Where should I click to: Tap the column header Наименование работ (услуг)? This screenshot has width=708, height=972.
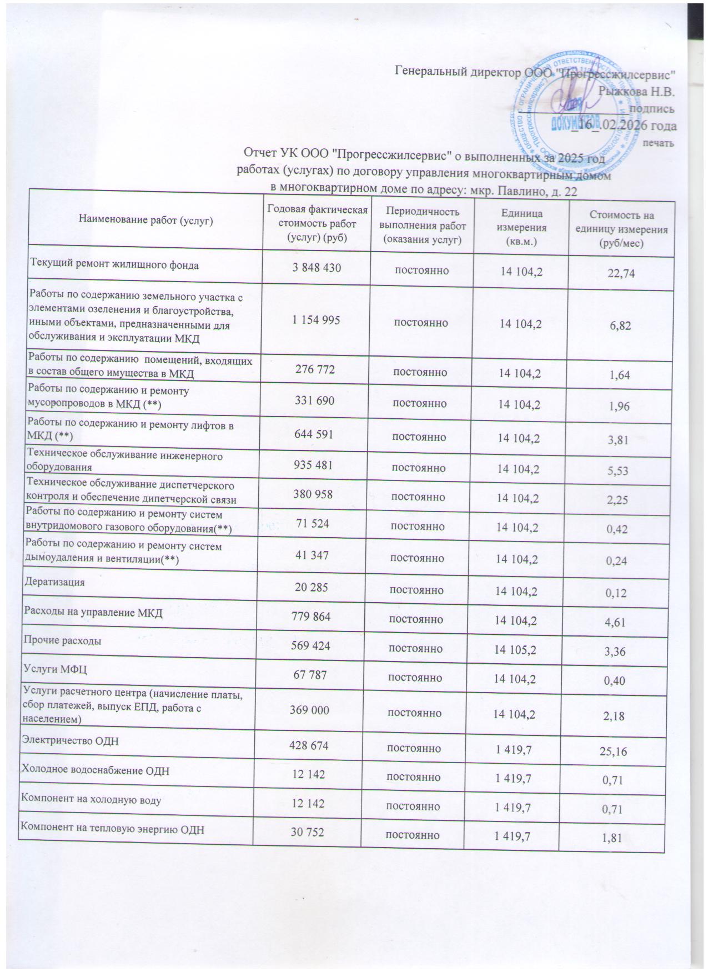[x=146, y=220]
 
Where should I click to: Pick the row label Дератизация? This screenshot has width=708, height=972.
[x=54, y=583]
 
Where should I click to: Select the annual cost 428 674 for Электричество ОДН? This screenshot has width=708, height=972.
[x=309, y=745]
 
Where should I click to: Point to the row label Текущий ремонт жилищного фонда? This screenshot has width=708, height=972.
[x=114, y=265]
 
